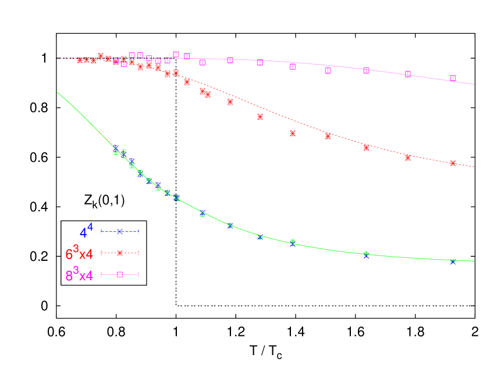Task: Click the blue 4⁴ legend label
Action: pyautogui.click(x=86, y=231)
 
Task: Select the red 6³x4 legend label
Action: pyautogui.click(x=79, y=254)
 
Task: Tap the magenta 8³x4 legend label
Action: pyautogui.click(x=79, y=275)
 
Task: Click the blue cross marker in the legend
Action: pyautogui.click(x=120, y=231)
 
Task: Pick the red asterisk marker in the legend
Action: pyautogui.click(x=120, y=253)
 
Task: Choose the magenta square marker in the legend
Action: pyautogui.click(x=120, y=274)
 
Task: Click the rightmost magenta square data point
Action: pyautogui.click(x=453, y=78)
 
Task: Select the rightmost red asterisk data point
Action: pyautogui.click(x=453, y=163)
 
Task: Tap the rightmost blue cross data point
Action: pyautogui.click(x=453, y=262)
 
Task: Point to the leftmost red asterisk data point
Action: pyautogui.click(x=80, y=61)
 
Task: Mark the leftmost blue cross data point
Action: pyautogui.click(x=116, y=148)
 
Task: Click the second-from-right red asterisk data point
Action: pyautogui.click(x=408, y=157)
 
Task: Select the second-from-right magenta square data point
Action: pyautogui.click(x=408, y=74)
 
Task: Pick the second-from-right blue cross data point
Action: pyautogui.click(x=366, y=255)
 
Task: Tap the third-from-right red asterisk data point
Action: pyautogui.click(x=366, y=147)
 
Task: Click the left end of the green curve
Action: pyautogui.click(x=57, y=92)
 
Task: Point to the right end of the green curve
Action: pyautogui.click(x=474, y=261)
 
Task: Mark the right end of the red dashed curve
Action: pyautogui.click(x=474, y=166)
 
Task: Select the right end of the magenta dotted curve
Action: pyautogui.click(x=474, y=84)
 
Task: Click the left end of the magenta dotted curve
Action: pyautogui.click(x=58, y=58)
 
